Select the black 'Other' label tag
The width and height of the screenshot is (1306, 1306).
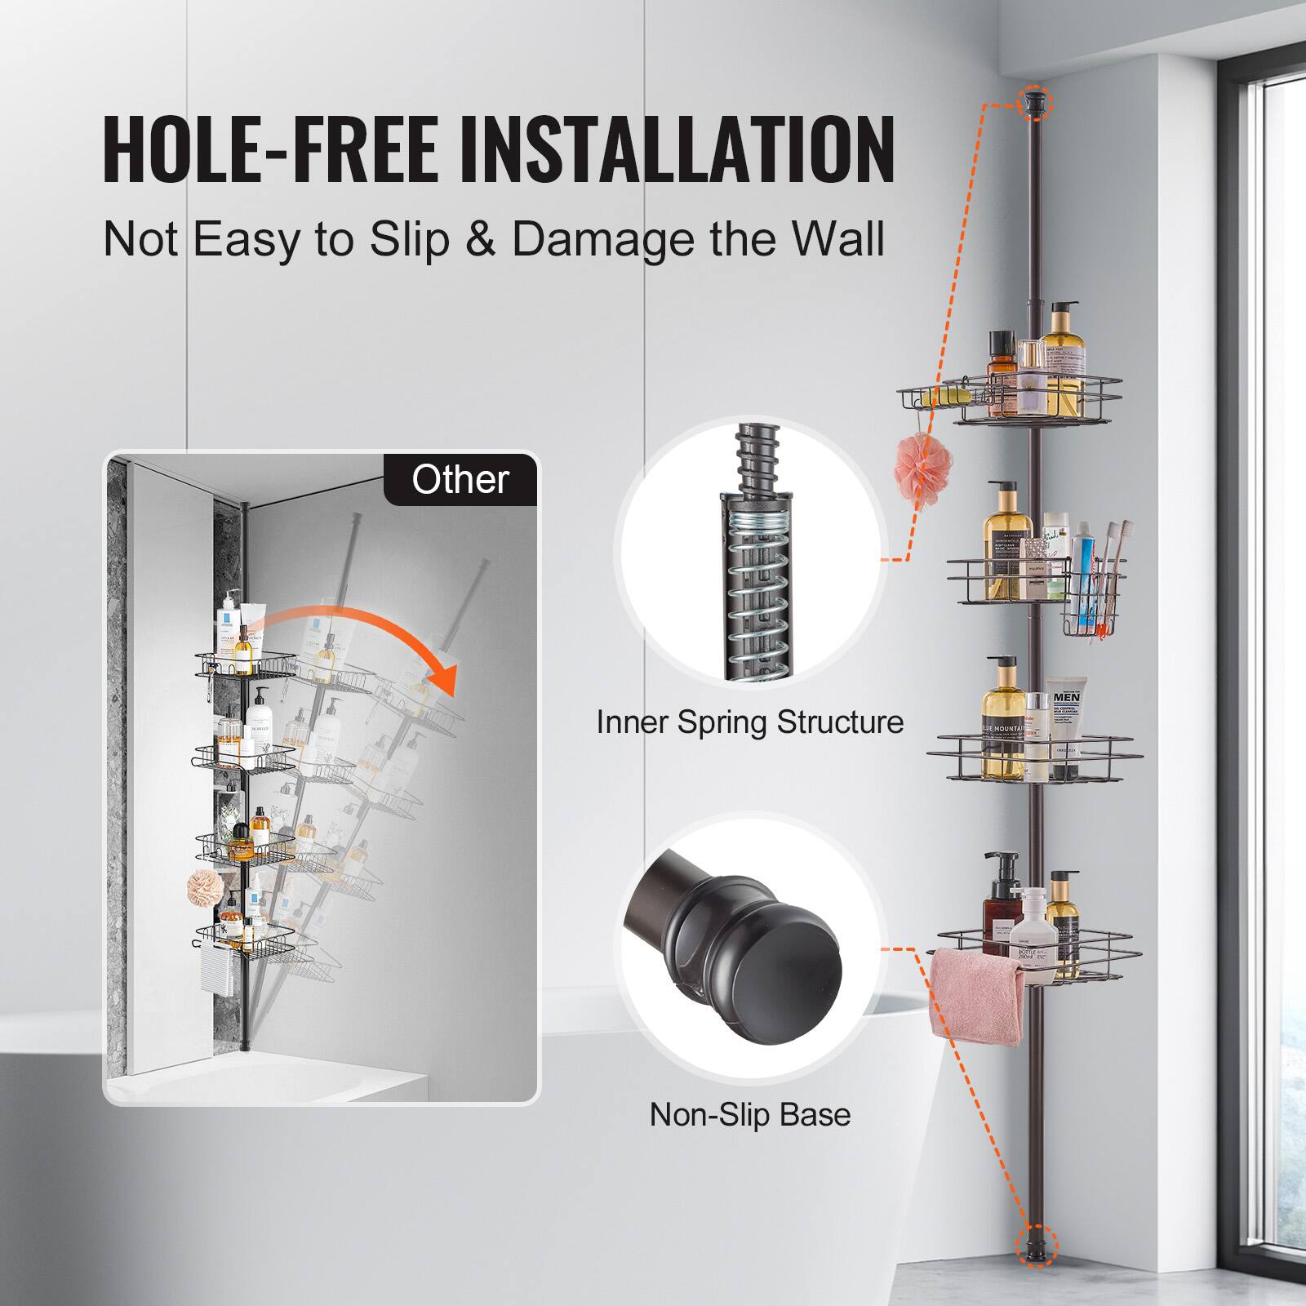(x=460, y=479)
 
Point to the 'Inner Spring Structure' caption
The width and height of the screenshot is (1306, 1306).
(x=749, y=722)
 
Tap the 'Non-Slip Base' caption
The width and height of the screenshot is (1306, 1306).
(x=749, y=1114)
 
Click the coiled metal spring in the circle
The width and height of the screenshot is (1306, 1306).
(x=753, y=596)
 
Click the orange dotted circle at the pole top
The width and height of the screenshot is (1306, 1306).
(x=1036, y=102)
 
